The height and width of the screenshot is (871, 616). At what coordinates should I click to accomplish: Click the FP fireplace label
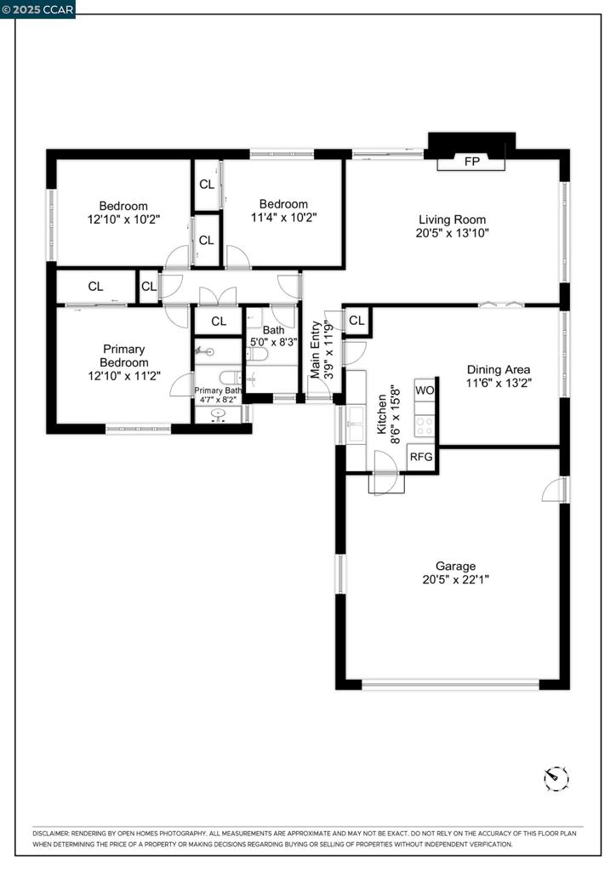coord(471,162)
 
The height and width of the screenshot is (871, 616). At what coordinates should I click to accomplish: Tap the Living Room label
coord(452,219)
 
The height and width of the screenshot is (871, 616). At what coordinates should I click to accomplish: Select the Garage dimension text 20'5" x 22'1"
coord(455,580)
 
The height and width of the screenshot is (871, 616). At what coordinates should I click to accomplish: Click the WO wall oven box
coord(425,390)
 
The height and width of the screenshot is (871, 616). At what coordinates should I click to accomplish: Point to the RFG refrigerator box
coord(421,457)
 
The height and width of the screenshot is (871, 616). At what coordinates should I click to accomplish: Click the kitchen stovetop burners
coord(425,427)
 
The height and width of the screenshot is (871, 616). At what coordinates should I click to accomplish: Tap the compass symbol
coord(556,777)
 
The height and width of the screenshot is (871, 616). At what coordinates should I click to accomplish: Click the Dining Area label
coord(499,369)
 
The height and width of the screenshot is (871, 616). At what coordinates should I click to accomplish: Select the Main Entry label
coord(316,350)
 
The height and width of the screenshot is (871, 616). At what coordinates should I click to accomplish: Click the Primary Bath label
coord(218,390)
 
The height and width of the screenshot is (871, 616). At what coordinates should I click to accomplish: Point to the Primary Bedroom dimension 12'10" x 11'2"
coord(124,376)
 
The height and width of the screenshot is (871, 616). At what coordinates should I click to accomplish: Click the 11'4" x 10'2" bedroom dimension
coord(283,217)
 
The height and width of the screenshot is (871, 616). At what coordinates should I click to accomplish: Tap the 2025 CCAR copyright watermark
coord(37,9)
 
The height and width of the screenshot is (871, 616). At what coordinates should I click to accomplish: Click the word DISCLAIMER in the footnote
coord(50,834)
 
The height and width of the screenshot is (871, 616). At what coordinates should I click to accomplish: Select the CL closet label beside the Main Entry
coord(356,321)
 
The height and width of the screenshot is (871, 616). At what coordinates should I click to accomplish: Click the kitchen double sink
coord(356,424)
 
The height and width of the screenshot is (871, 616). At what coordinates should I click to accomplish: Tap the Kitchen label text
coord(382,414)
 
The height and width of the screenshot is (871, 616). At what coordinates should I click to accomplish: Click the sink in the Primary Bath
coord(220,414)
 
